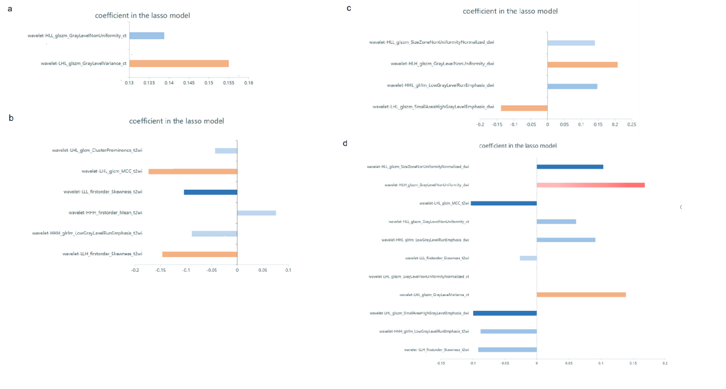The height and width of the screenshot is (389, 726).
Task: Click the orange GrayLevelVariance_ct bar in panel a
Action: (179, 63)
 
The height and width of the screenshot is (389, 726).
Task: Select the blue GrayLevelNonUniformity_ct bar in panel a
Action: (147, 36)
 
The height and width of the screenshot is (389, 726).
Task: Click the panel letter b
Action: (11, 118)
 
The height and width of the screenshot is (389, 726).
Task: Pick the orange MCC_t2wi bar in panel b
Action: (193, 171)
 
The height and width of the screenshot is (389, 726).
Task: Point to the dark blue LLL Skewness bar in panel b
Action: (210, 192)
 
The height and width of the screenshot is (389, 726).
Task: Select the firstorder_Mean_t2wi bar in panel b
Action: (256, 213)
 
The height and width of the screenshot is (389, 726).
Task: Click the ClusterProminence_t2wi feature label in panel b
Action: (97, 151)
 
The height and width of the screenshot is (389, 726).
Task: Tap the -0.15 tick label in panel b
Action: (160, 270)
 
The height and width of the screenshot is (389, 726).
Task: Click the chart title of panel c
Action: (510, 11)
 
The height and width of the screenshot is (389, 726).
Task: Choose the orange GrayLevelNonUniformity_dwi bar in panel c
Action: (582, 64)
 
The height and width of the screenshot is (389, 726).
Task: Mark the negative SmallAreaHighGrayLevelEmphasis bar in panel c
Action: (524, 108)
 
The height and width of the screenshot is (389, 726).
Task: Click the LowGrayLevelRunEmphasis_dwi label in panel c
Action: (440, 86)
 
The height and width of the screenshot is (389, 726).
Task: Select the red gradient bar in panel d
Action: (590, 185)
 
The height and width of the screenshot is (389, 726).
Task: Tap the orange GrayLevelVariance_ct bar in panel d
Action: (581, 295)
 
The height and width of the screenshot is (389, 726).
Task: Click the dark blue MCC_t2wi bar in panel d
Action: (504, 203)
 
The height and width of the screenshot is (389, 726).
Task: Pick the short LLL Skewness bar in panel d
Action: (528, 258)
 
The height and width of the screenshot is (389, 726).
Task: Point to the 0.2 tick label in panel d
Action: (665, 363)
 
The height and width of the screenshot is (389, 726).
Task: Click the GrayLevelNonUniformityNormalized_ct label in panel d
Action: (419, 276)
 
